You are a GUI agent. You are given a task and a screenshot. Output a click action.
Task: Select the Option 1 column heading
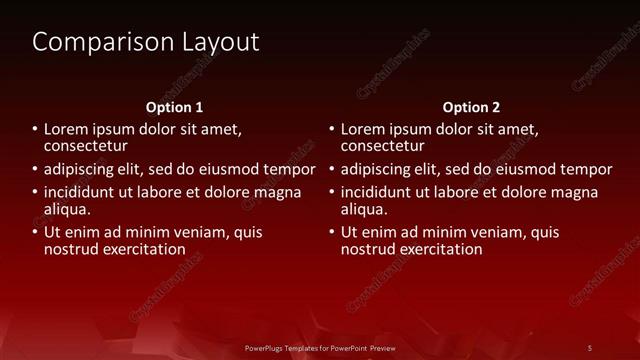pos(174,107)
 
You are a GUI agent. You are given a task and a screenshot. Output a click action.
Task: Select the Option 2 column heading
pos(471,107)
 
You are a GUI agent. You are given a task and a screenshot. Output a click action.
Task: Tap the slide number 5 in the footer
pos(590,347)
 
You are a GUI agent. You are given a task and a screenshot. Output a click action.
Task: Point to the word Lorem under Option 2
pos(364,129)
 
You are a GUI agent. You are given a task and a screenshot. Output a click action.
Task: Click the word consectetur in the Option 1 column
pos(86,146)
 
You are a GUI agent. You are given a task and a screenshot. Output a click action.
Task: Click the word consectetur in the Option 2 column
pos(383,146)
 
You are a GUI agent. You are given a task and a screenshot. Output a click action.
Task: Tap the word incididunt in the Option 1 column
pos(85,192)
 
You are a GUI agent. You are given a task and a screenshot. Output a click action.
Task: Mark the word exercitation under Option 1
pos(143,249)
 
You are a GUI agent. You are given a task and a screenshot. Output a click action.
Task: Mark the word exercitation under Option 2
pos(440,249)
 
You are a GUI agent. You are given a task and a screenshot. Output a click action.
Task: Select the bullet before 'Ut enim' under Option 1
pos(34,232)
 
